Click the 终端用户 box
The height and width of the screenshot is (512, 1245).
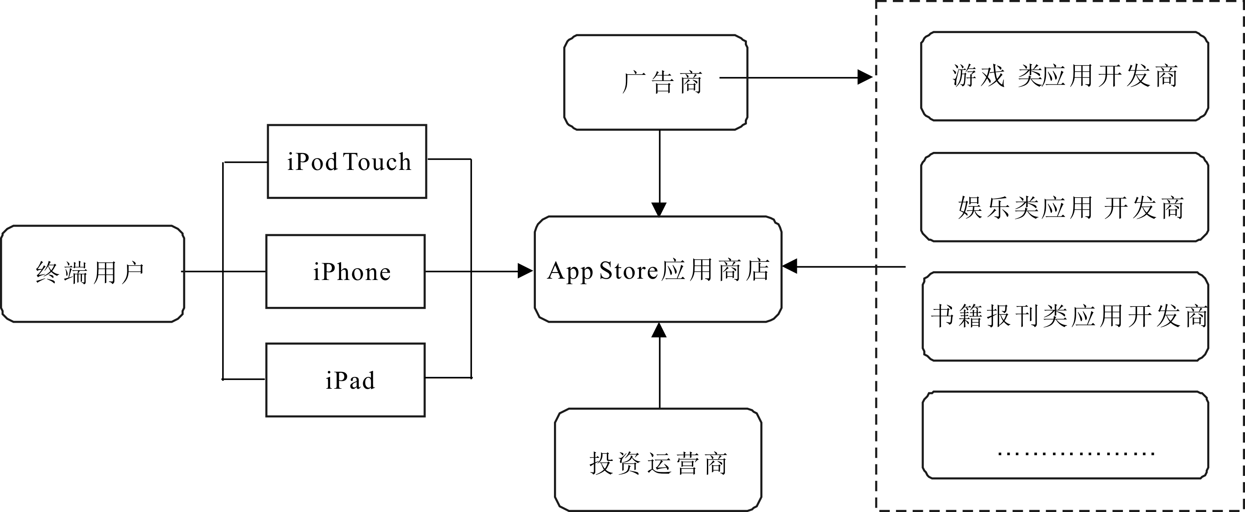[92, 273]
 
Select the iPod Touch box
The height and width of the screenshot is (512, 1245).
[347, 161]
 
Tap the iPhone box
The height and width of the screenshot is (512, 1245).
[346, 272]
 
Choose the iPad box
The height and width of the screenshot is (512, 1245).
[346, 379]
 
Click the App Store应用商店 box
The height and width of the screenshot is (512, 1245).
[658, 269]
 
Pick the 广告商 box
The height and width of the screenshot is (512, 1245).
[655, 82]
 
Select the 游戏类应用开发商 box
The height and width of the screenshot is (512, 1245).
[1065, 76]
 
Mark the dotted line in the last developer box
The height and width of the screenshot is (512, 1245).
[1076, 454]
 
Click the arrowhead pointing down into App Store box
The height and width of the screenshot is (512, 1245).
[659, 210]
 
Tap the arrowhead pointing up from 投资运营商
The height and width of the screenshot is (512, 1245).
[659, 330]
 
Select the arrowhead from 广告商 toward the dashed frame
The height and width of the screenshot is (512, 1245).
[865, 77]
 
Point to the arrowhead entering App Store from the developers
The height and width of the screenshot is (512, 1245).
[790, 266]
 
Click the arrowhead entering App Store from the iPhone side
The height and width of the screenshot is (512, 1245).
[525, 271]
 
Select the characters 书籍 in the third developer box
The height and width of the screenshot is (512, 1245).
[956, 317]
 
